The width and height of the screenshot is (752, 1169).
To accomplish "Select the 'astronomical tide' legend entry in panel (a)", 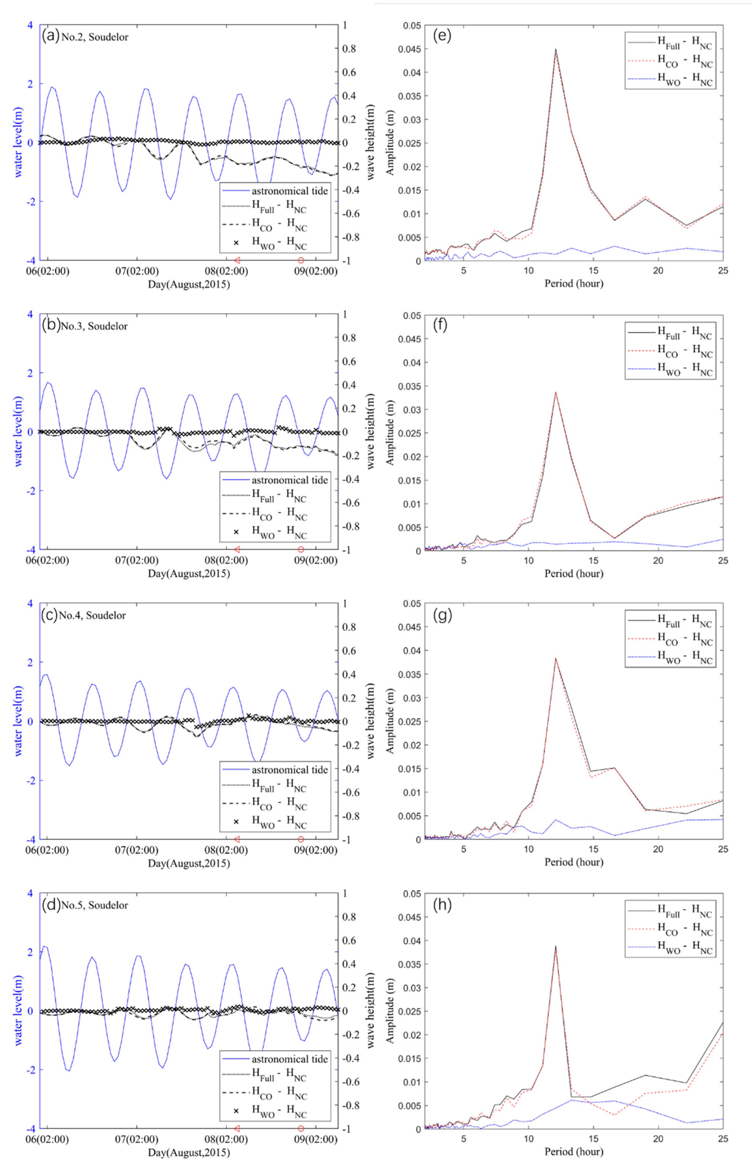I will click(290, 191).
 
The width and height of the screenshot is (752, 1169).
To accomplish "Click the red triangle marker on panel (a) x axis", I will click(237, 260).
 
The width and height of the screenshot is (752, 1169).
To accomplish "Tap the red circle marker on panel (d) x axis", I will click(301, 1128).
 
